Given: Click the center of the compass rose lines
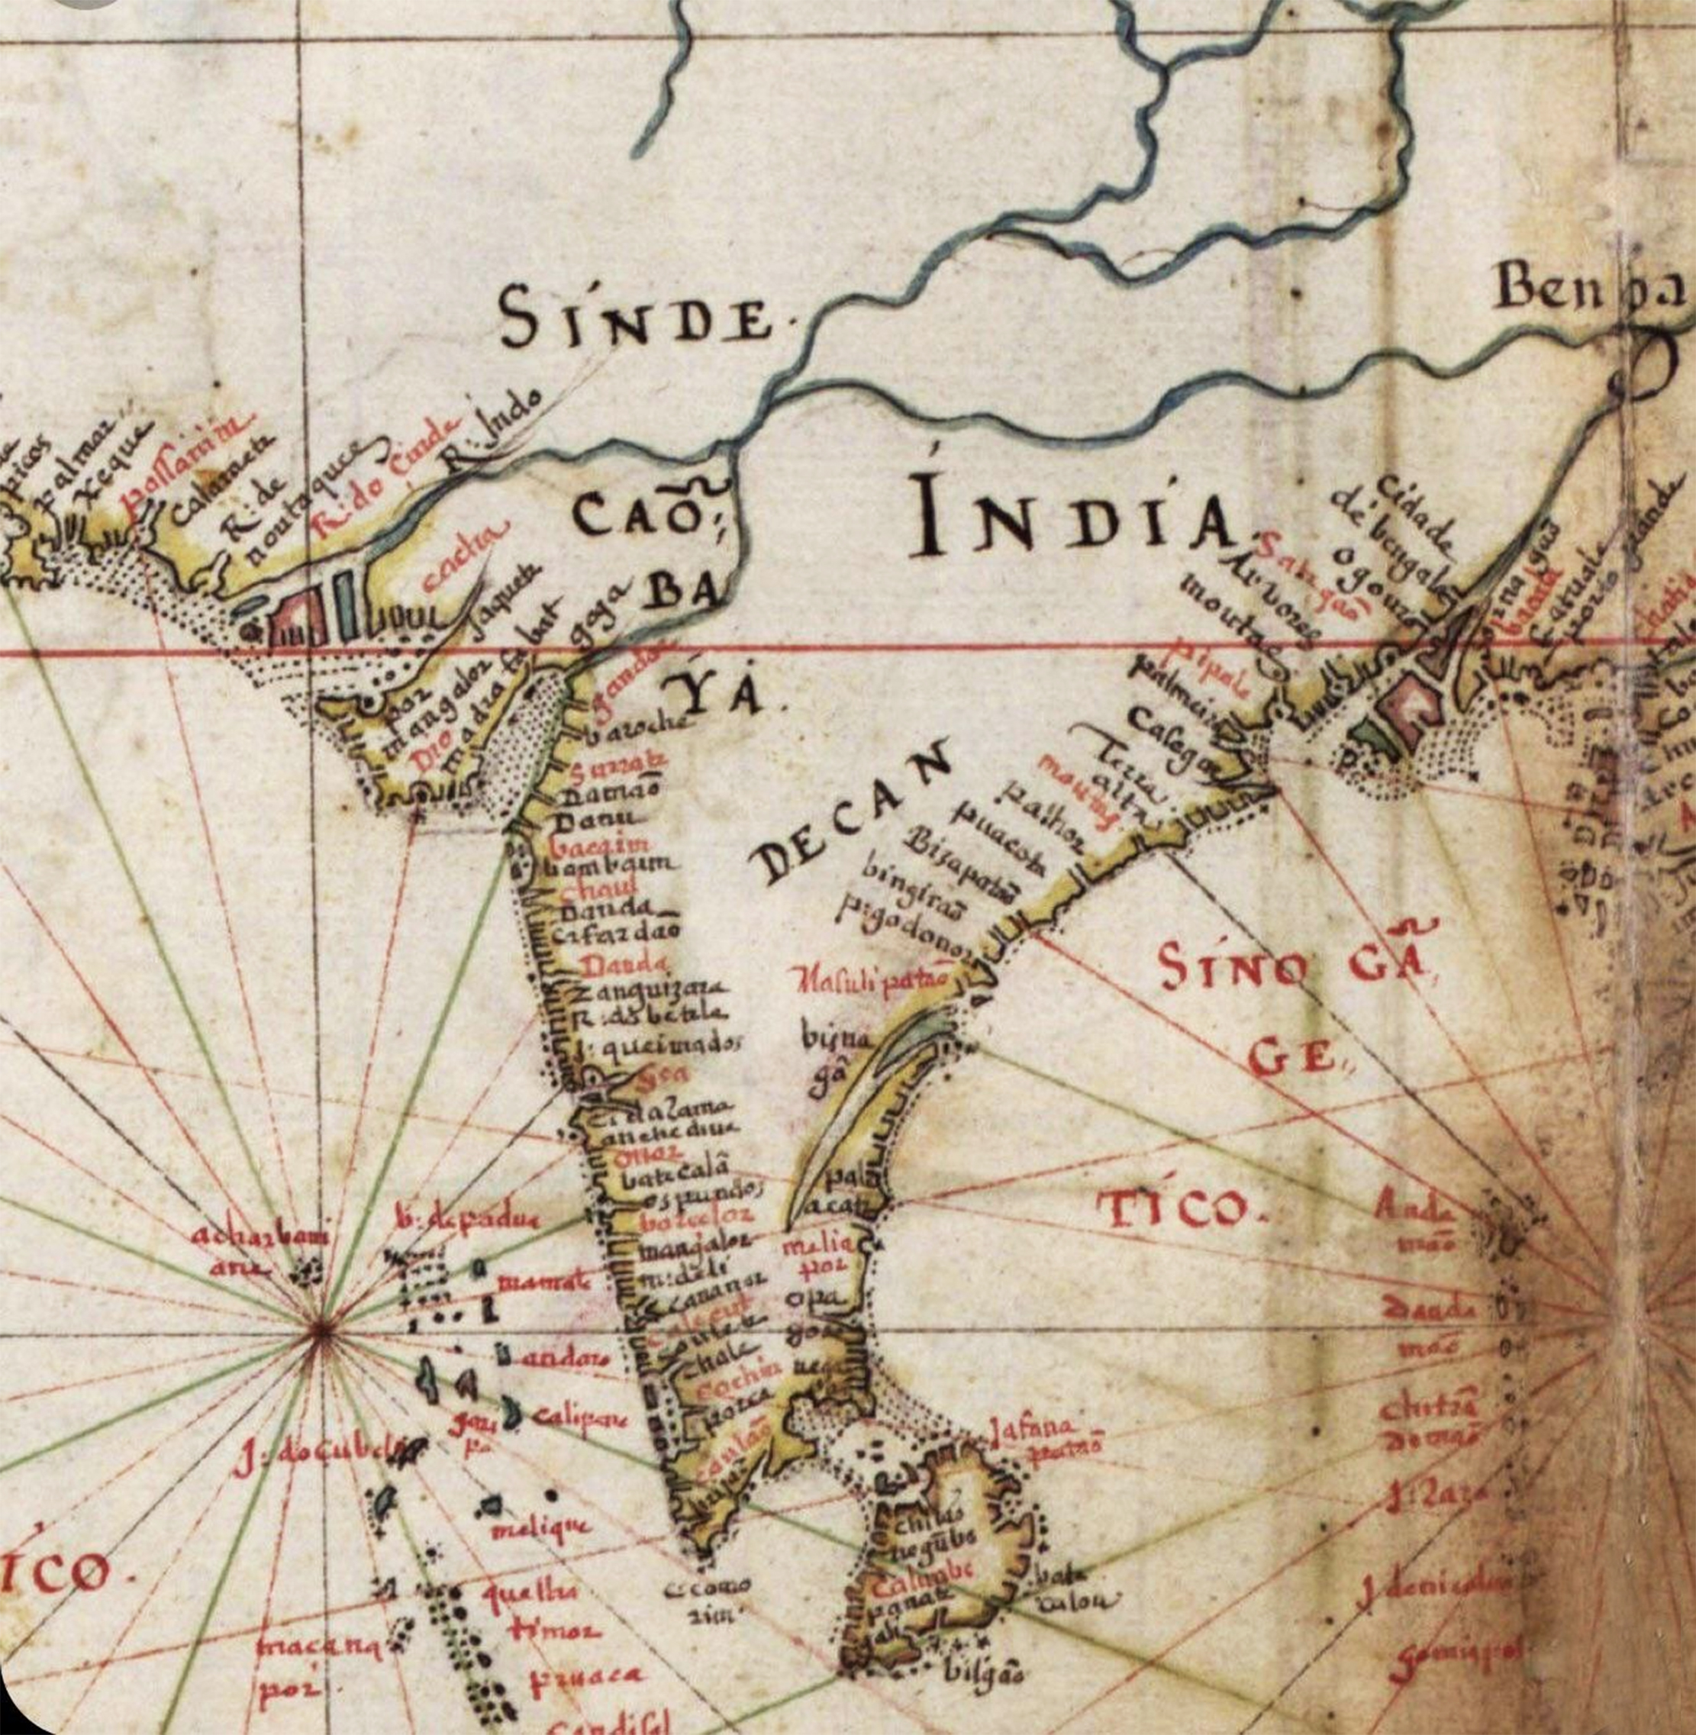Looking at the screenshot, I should [x=321, y=1328].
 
